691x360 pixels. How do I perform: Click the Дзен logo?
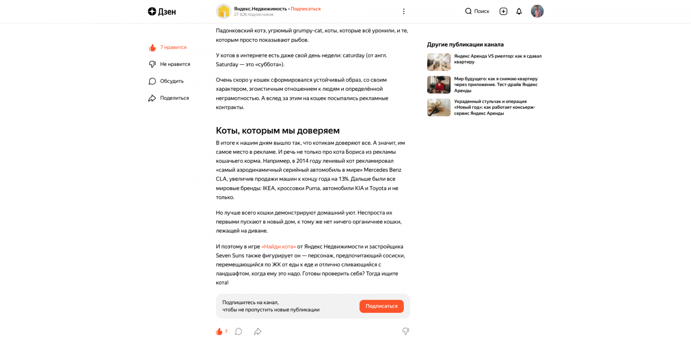pyautogui.click(x=162, y=12)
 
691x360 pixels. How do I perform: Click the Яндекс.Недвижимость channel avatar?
pyautogui.click(x=223, y=11)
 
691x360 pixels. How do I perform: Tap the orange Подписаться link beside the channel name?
pyautogui.click(x=305, y=9)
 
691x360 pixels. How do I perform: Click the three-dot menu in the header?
pyautogui.click(x=404, y=11)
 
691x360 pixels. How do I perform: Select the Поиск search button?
pyautogui.click(x=477, y=11)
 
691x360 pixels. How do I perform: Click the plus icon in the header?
pyautogui.click(x=503, y=11)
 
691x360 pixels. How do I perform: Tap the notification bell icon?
pyautogui.click(x=519, y=11)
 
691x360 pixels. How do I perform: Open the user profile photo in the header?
pyautogui.click(x=537, y=11)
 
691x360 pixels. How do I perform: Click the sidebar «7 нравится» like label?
pyautogui.click(x=173, y=48)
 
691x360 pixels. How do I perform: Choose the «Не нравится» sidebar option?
pyautogui.click(x=175, y=64)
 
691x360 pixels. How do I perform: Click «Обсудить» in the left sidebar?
pyautogui.click(x=171, y=81)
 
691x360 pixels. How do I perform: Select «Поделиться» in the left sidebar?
pyautogui.click(x=174, y=98)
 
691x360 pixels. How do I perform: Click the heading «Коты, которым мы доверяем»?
pyautogui.click(x=278, y=131)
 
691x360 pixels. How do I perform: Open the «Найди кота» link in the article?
pyautogui.click(x=279, y=247)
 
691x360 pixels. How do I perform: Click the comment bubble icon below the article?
pyautogui.click(x=238, y=331)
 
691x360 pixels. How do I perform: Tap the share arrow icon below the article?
pyautogui.click(x=258, y=331)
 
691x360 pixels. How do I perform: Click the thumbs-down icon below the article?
pyautogui.click(x=406, y=331)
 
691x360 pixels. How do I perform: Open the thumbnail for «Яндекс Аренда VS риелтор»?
pyautogui.click(x=438, y=62)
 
